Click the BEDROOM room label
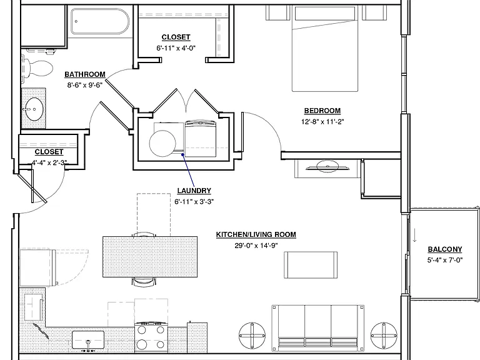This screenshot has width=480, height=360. point(322,111)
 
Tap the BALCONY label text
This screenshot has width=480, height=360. point(445,249)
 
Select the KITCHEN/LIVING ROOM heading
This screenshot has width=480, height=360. point(256,234)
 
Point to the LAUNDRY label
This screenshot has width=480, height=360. point(194,191)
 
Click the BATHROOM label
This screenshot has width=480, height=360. point(85,74)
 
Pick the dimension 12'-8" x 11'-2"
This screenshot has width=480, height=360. point(322,121)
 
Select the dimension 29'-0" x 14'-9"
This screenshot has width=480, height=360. point(256,246)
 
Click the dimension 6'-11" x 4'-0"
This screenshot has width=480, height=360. point(176,48)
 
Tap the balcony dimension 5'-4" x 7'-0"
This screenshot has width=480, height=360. point(445,260)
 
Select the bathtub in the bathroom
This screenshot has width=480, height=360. point(100,21)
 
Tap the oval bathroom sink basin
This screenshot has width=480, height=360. point(34,109)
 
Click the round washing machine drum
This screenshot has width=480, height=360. point(162,143)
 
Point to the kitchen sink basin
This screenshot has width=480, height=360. point(88,340)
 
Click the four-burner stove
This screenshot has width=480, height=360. point(151,337)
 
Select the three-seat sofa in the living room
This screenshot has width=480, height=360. point(317,327)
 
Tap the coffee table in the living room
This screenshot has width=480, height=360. point(311,265)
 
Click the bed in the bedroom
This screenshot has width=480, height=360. point(325,48)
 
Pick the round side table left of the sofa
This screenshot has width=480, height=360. point(252,335)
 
